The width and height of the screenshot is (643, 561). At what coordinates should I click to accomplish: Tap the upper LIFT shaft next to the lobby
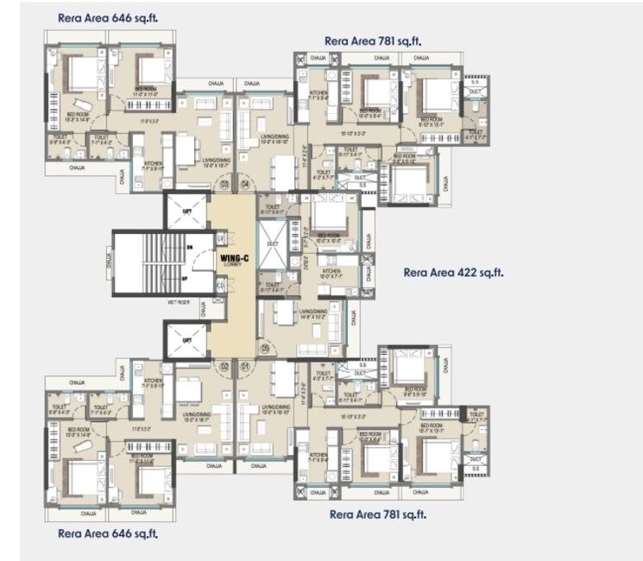[186, 211]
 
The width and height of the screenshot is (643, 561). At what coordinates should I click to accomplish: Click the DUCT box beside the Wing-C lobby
[273, 244]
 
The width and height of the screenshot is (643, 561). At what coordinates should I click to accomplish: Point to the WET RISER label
[179, 302]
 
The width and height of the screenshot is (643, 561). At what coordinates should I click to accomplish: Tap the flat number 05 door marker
[265, 348]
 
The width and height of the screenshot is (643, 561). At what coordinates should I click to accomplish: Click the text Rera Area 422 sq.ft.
[453, 273]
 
